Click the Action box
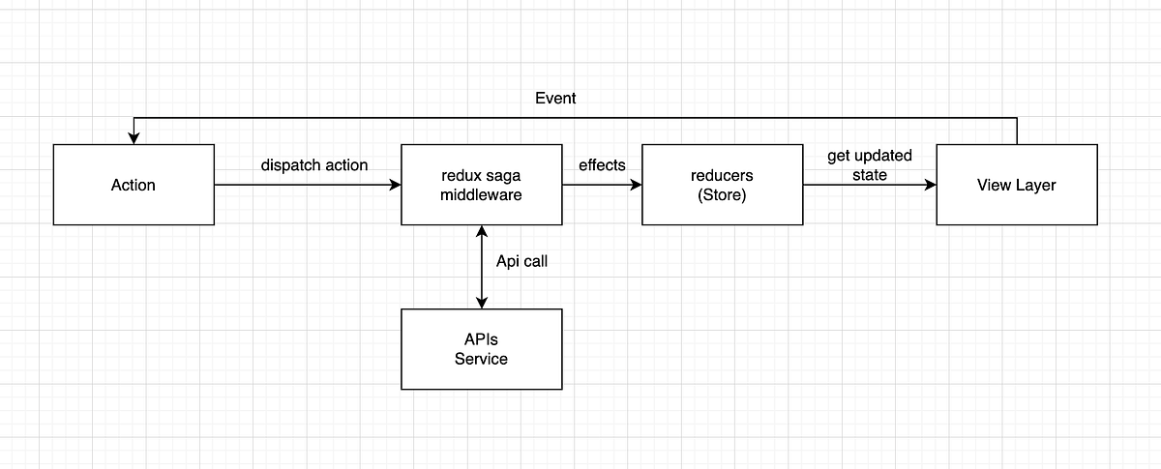tap(134, 185)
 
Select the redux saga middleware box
tap(481, 185)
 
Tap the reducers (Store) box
tap(722, 185)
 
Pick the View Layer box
tap(1016, 185)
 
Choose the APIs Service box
tap(481, 349)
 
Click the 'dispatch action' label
tap(314, 165)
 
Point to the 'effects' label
tap(602, 165)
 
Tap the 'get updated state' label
tap(869, 165)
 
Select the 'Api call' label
tap(521, 261)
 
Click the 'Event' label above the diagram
tap(555, 98)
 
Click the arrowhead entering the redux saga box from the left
tap(395, 185)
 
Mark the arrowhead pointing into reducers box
tap(636, 185)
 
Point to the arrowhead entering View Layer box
tap(930, 185)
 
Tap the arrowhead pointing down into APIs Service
tap(481, 303)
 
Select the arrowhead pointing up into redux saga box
tap(481, 231)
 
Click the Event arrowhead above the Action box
tap(134, 138)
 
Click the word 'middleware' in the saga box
tap(481, 194)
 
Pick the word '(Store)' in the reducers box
tap(722, 194)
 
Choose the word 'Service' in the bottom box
tap(481, 359)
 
